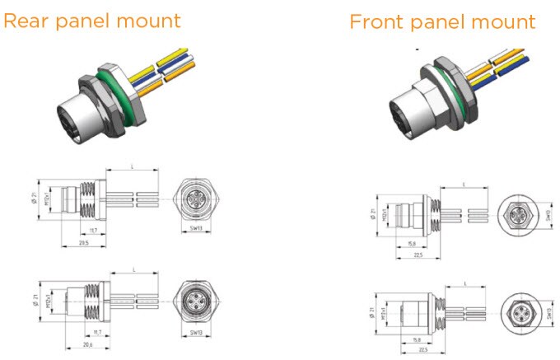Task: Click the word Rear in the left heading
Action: (25, 20)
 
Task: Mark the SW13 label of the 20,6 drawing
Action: (196, 332)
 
